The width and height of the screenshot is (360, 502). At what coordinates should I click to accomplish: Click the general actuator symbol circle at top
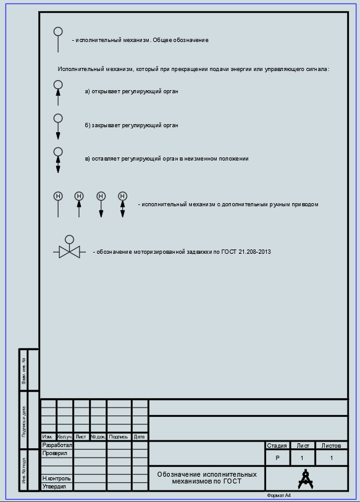[58, 28]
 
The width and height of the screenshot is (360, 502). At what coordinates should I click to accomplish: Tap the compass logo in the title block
[306, 479]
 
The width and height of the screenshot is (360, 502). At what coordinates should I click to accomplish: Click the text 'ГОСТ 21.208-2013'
[246, 252]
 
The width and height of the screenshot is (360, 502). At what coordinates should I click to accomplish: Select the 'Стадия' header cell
[277, 446]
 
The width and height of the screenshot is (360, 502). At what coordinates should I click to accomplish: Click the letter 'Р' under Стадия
[277, 458]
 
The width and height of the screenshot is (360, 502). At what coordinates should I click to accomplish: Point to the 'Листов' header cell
[331, 446]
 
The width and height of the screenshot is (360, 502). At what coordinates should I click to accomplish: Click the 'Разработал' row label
[57, 445]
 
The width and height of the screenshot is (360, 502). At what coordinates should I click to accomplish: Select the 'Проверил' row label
[55, 453]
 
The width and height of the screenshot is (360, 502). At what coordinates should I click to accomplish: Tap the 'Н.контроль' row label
[56, 479]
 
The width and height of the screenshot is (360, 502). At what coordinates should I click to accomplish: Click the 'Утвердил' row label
[54, 487]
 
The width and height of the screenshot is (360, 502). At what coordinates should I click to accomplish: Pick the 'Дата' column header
[140, 437]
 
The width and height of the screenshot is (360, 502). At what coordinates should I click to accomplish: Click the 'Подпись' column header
[118, 437]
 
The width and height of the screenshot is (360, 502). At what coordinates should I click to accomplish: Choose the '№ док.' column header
[98, 437]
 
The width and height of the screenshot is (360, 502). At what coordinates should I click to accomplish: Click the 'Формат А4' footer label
[278, 496]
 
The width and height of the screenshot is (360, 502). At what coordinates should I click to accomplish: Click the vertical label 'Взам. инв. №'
[23, 370]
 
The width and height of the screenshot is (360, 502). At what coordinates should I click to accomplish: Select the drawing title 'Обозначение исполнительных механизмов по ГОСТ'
[207, 478]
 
